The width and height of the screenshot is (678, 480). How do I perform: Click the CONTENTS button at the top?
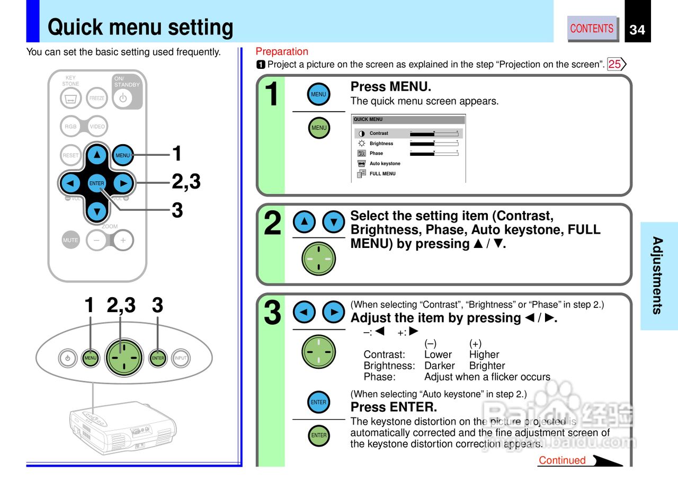(592, 29)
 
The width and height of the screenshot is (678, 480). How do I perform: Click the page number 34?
(637, 30)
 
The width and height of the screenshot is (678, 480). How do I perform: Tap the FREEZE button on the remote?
(97, 98)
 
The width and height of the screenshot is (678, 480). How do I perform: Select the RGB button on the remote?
(71, 127)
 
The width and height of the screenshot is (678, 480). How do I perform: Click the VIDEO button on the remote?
(97, 127)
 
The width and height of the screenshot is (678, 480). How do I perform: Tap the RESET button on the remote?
(71, 155)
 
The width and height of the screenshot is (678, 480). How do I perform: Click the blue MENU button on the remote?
(123, 155)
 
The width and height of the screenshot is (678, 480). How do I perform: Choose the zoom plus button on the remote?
(123, 240)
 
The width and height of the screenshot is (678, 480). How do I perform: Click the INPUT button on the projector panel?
(181, 358)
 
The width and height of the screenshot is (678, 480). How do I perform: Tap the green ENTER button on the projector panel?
(158, 358)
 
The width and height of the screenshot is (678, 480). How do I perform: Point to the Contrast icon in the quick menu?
(362, 134)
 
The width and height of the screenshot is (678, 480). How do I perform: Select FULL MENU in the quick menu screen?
(382, 174)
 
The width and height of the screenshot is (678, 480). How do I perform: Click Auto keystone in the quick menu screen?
(385, 164)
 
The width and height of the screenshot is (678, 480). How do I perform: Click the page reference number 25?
(615, 65)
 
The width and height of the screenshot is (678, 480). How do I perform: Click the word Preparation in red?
(282, 51)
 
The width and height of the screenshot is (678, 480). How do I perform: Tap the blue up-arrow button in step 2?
(304, 221)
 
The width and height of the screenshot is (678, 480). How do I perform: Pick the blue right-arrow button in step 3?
(334, 312)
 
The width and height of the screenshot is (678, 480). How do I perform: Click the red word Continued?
(562, 460)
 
